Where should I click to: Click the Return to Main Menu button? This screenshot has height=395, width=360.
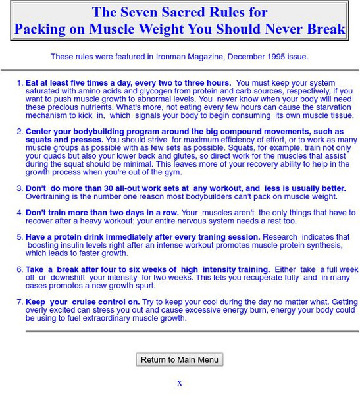tap(180, 359)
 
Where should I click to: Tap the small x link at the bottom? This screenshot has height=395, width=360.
tap(180, 383)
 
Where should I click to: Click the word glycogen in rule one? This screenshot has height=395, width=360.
tap(138, 92)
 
